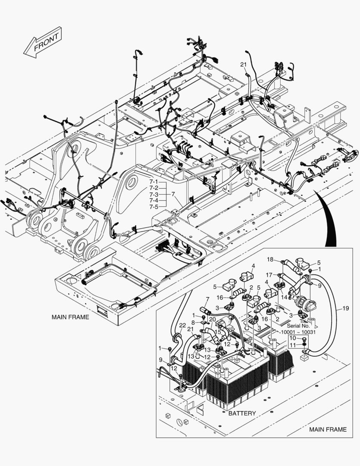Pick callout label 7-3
coord(154,195)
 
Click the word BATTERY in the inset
coord(242,413)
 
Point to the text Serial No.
coord(299,326)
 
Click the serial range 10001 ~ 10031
coord(298,332)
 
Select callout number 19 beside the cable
coord(346,308)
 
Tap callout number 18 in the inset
coord(270,259)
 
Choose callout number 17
coord(269,274)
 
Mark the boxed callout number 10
coord(292,339)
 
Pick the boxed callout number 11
coord(292,346)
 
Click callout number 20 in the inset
coord(212,319)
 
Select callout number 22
coord(182,325)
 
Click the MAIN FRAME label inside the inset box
coord(328,429)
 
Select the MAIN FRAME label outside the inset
coord(70,317)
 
